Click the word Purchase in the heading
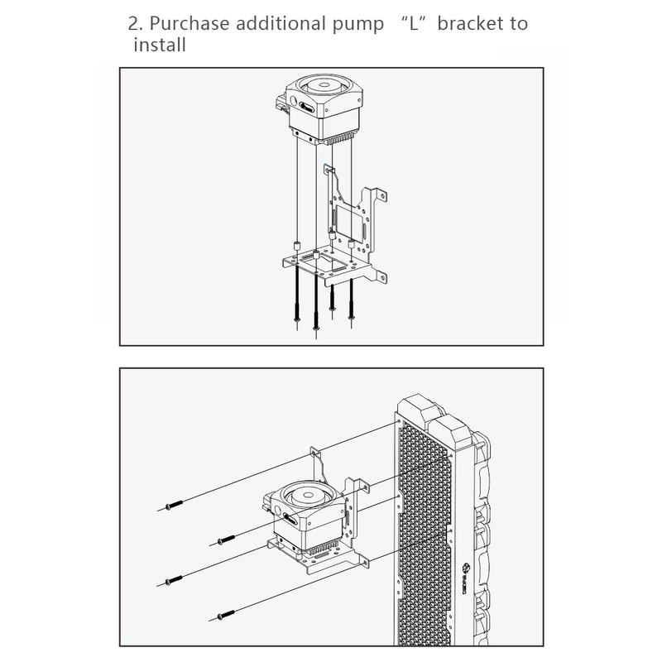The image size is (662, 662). click(x=189, y=24)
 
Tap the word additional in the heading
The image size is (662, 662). click(x=281, y=24)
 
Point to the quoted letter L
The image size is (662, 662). click(x=414, y=24)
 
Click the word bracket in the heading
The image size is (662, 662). click(x=469, y=24)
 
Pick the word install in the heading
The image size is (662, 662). click(x=160, y=46)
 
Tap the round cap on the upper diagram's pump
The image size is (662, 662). click(x=324, y=85)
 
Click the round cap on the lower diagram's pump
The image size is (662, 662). click(x=310, y=494)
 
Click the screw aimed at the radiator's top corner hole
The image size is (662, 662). click(x=174, y=505)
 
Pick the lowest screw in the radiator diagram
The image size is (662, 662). click(x=226, y=615)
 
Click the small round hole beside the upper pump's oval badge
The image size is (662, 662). click(x=293, y=100)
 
